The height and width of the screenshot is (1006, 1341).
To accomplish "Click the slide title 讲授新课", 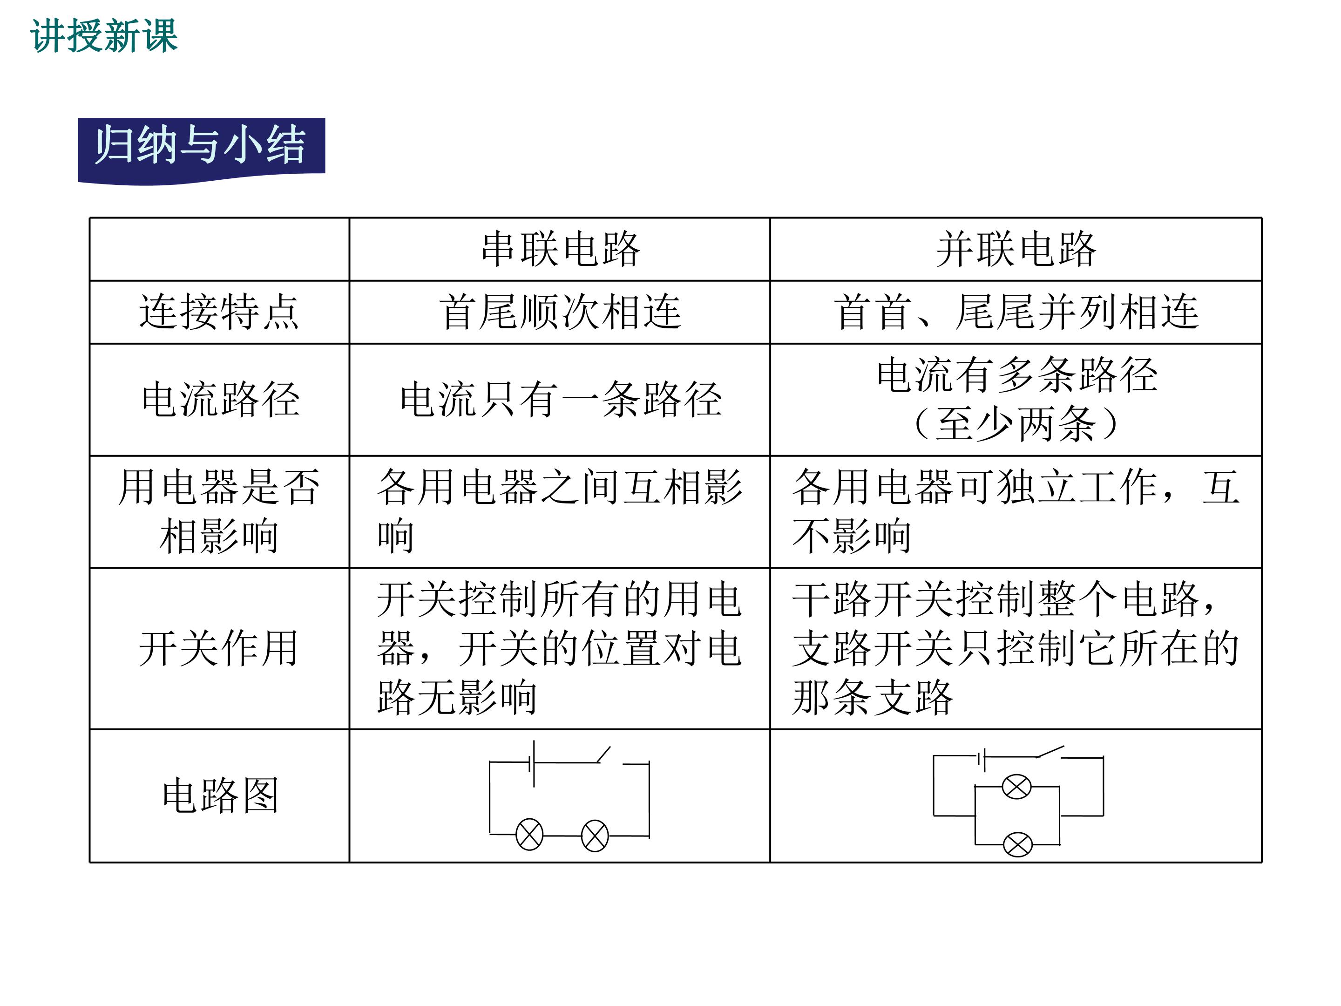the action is (x=104, y=36).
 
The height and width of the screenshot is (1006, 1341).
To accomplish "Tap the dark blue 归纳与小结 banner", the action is (x=201, y=150).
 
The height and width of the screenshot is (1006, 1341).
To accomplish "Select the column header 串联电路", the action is (x=560, y=249).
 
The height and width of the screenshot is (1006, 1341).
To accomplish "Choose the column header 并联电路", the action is (x=1016, y=249).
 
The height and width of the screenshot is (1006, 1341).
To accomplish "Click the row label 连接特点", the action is (x=219, y=312).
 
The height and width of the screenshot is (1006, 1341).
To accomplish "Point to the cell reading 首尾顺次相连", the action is (x=560, y=312).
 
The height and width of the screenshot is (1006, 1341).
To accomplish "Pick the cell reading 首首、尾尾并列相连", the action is (x=1016, y=312).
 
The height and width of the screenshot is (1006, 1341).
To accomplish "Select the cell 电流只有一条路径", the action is (x=561, y=400).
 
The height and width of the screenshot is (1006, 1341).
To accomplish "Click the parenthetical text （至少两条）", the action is (x=1016, y=424).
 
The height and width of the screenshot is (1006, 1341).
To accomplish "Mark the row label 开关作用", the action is (x=219, y=648).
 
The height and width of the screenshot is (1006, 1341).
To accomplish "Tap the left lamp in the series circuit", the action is (x=529, y=835).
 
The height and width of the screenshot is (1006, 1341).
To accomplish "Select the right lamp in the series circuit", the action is (x=595, y=836).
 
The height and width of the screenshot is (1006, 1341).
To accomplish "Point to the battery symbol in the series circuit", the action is (x=532, y=763).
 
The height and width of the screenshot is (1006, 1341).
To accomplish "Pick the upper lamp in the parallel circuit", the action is (x=1016, y=787).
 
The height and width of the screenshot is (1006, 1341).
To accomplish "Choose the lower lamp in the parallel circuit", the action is (x=1018, y=844).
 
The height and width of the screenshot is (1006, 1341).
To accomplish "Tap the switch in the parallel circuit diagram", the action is (x=1050, y=752).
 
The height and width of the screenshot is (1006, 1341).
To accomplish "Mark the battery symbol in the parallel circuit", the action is (x=982, y=759).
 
